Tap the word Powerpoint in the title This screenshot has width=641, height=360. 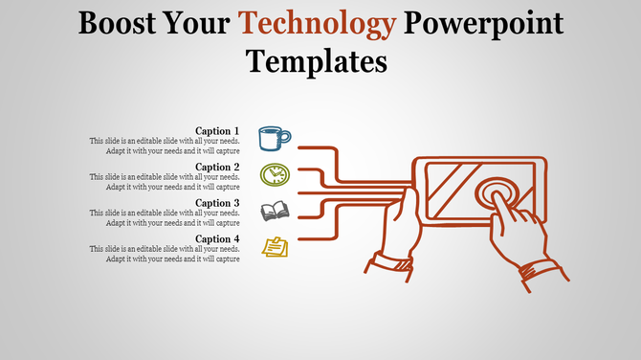point(484,23)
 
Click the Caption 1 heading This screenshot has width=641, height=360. point(217,131)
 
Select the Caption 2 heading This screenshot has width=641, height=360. point(217,167)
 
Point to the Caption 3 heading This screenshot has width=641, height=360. point(217,203)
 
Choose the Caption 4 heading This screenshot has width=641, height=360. point(217,238)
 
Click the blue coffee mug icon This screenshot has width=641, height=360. point(275,137)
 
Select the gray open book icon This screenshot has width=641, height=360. point(276,211)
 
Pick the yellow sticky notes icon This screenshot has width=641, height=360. point(275,247)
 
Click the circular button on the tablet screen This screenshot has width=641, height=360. point(497,193)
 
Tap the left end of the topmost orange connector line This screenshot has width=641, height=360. point(300,147)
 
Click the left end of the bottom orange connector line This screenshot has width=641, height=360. point(300,236)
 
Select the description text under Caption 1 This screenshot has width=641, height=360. point(164,146)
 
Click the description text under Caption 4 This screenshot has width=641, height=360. point(164,254)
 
